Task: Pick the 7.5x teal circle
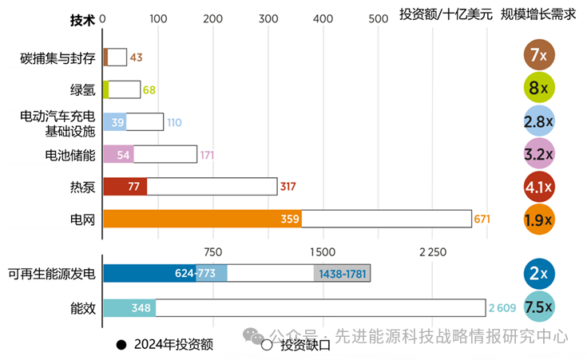coord(539,307)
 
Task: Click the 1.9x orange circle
coord(539,220)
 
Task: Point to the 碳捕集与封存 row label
coord(58,57)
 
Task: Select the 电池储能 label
coord(71,154)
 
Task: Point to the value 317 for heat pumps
coord(288,187)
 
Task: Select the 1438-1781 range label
coord(342,274)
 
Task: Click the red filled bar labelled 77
coord(125,187)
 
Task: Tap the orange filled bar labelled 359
coord(202,219)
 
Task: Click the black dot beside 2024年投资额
coord(121,345)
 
